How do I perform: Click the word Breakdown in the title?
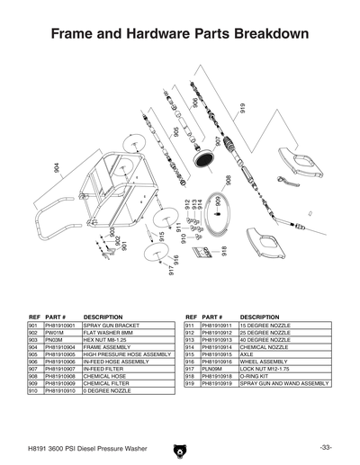[271, 34]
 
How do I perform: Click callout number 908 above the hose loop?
[229, 180]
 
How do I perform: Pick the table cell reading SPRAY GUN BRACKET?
[110, 326]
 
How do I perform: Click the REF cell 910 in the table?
[34, 390]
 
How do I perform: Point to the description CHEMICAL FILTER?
[106, 383]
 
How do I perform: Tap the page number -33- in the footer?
[324, 447]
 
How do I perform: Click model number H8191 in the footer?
[37, 447]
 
